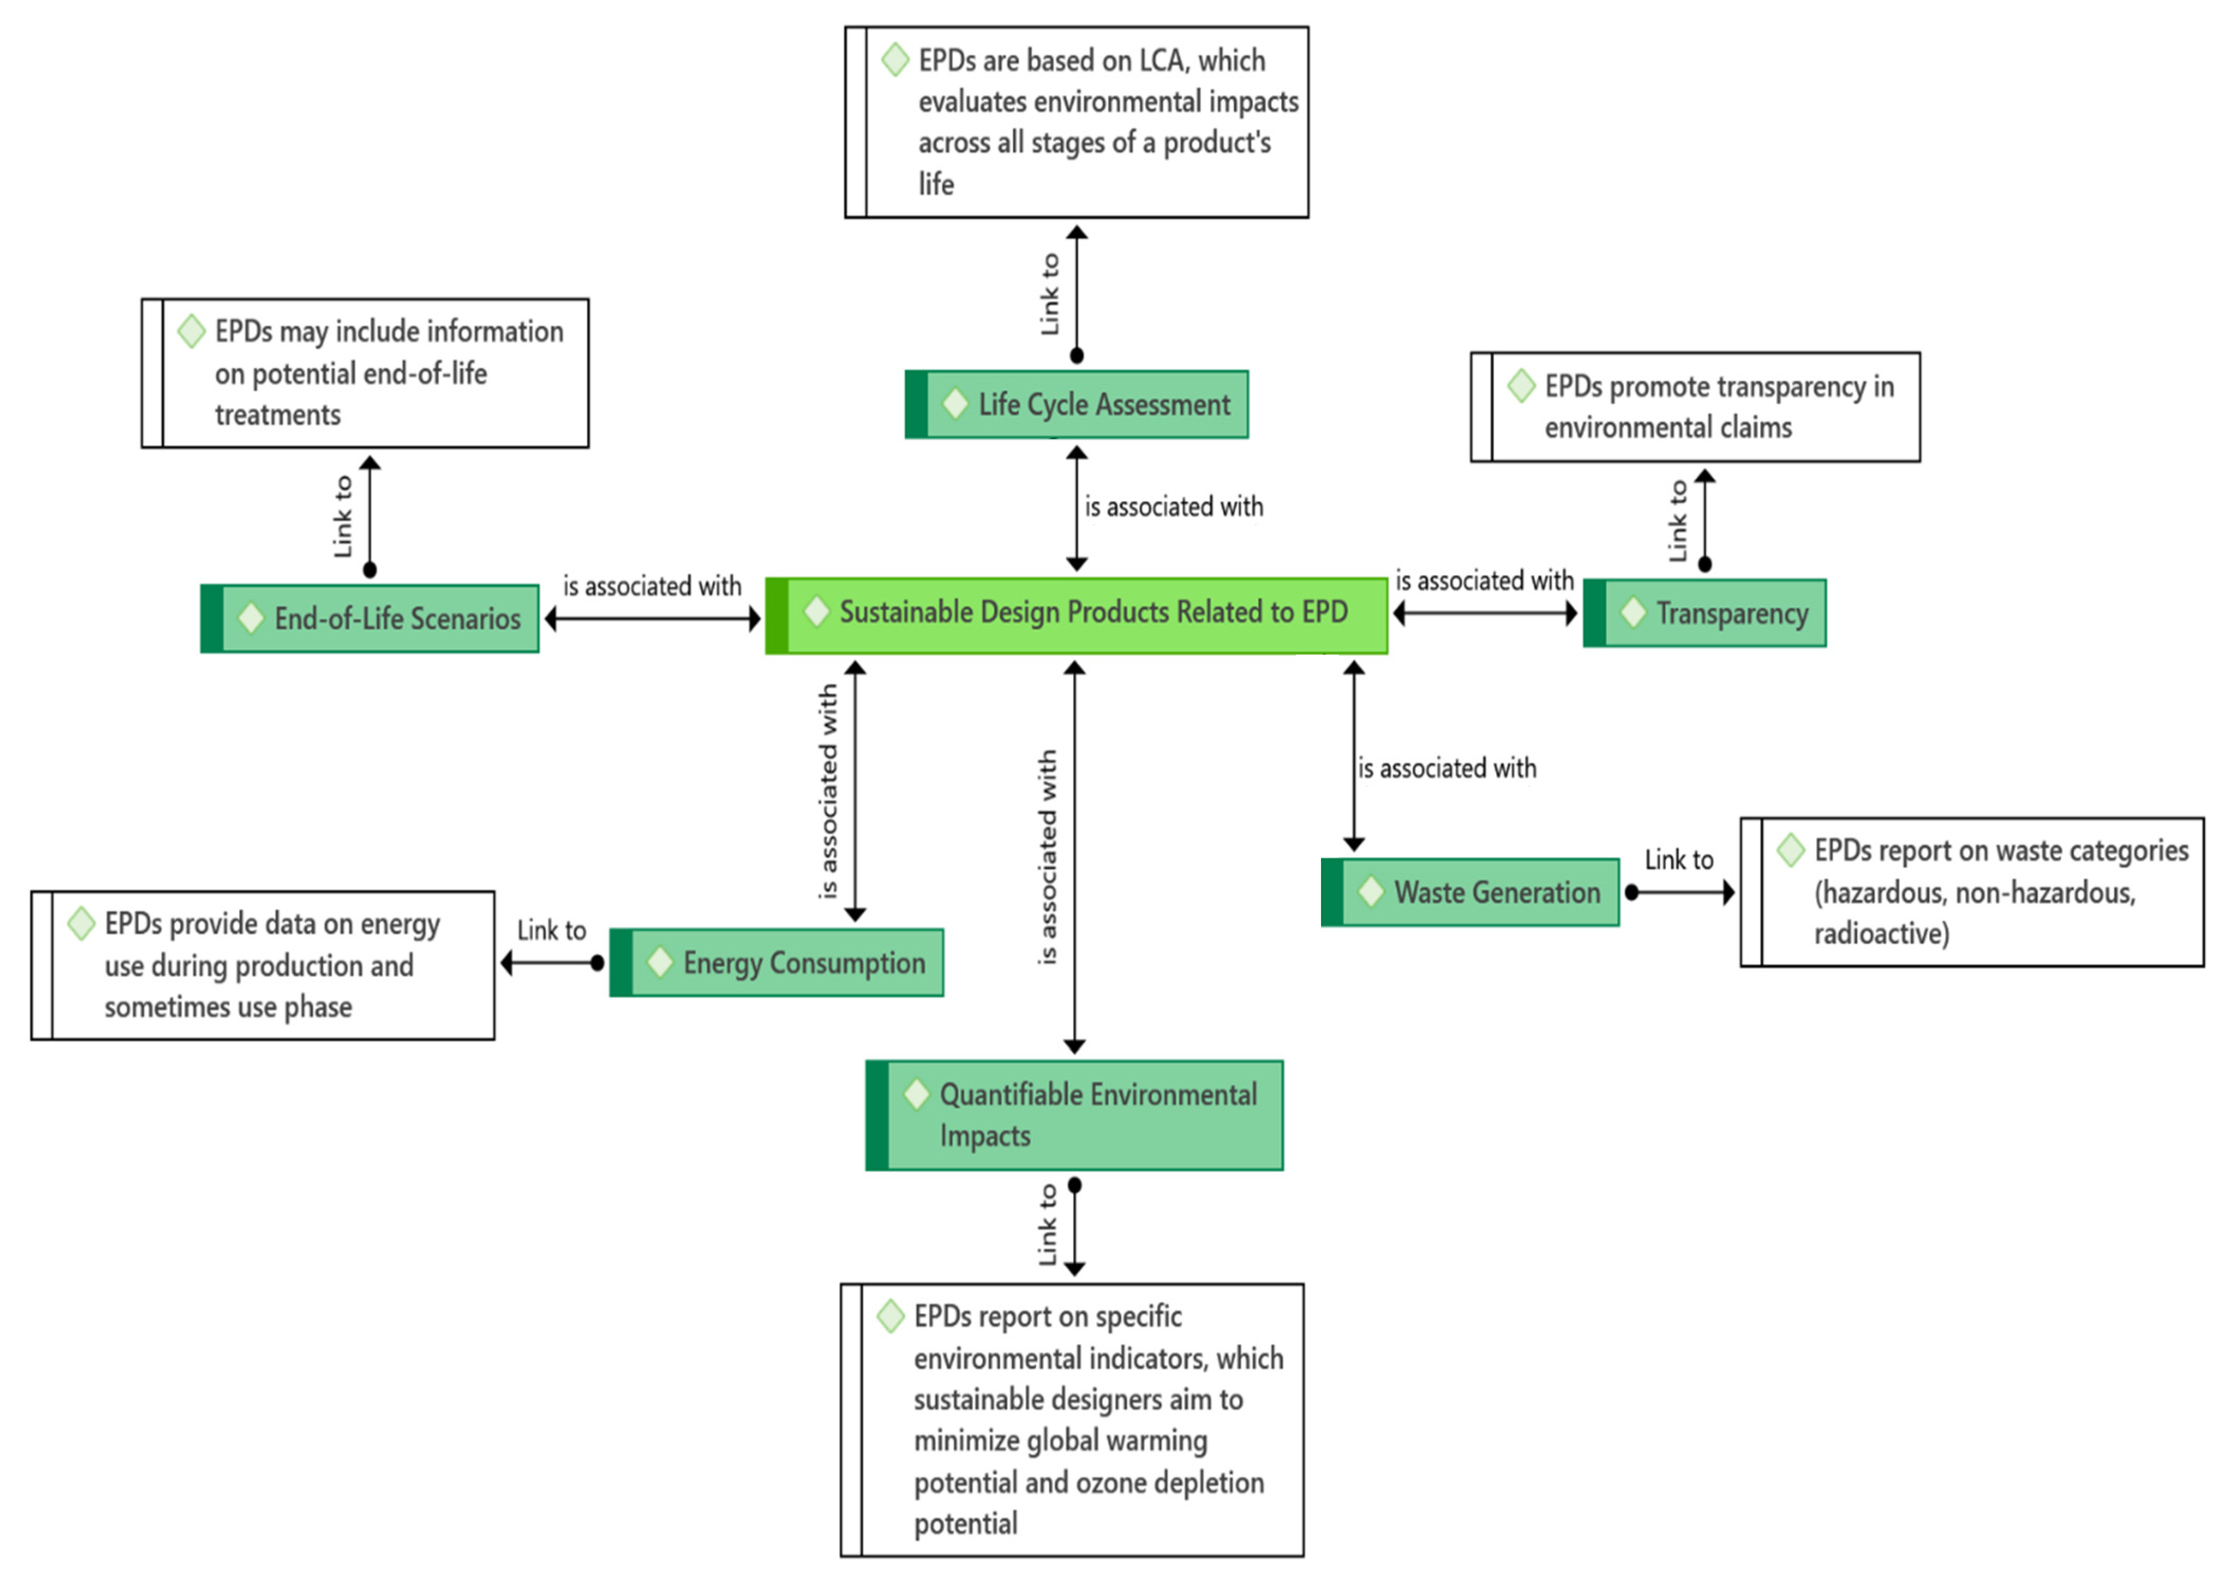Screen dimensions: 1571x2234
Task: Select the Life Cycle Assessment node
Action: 1076,404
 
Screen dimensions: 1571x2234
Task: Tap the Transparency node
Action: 1705,613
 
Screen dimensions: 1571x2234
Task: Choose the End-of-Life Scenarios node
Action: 370,618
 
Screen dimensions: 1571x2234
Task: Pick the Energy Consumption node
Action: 776,963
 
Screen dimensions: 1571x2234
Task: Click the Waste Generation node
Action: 1470,891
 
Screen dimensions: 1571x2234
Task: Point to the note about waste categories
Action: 1972,891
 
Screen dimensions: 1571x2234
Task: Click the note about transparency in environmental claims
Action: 1695,407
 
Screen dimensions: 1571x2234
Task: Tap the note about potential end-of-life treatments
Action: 365,373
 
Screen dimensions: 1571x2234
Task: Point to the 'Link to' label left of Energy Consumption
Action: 551,931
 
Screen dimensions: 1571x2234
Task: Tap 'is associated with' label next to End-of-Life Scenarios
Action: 652,586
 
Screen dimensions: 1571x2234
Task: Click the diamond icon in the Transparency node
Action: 1633,613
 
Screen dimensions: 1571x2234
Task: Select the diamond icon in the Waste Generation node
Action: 1371,891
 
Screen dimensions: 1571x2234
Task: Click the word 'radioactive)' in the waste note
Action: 1881,933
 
